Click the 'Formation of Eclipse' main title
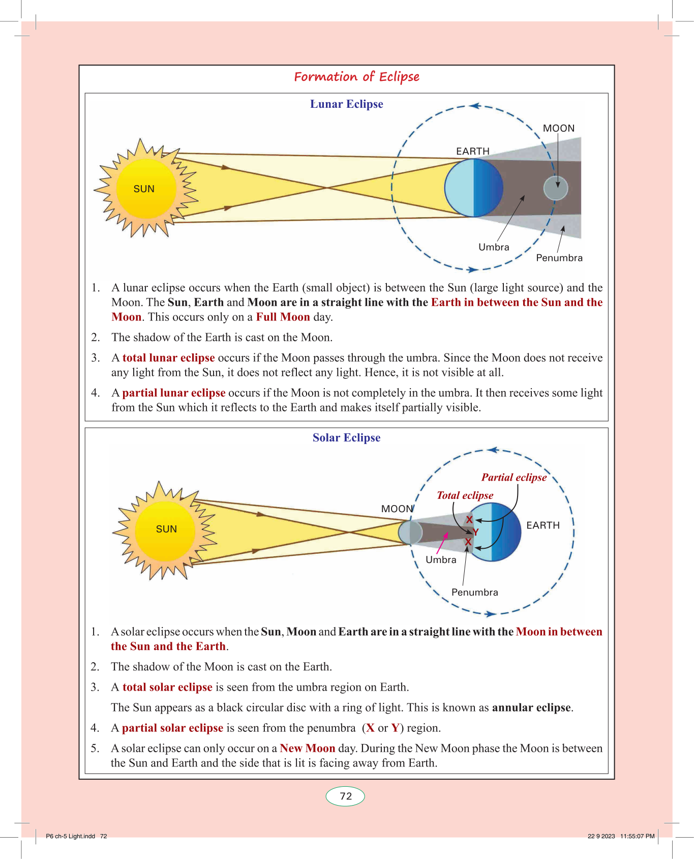(x=356, y=77)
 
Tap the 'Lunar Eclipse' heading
(x=346, y=104)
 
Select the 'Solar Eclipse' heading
(x=346, y=438)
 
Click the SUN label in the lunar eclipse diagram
(x=144, y=189)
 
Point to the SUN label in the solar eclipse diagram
(x=166, y=529)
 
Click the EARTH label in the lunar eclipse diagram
(x=472, y=151)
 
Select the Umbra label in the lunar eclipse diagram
(x=494, y=247)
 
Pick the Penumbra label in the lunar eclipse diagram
(x=559, y=258)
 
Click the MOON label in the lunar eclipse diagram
(x=558, y=128)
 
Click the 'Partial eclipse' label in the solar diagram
(x=514, y=478)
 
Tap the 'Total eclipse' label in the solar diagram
(x=465, y=495)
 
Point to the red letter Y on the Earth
(x=475, y=532)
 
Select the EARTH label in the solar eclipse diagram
(x=542, y=525)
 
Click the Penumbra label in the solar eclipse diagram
(x=474, y=593)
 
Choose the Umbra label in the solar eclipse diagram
(x=441, y=560)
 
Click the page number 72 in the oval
(x=346, y=796)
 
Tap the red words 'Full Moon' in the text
(x=283, y=317)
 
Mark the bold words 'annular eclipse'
(x=531, y=708)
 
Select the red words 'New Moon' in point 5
(x=307, y=749)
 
